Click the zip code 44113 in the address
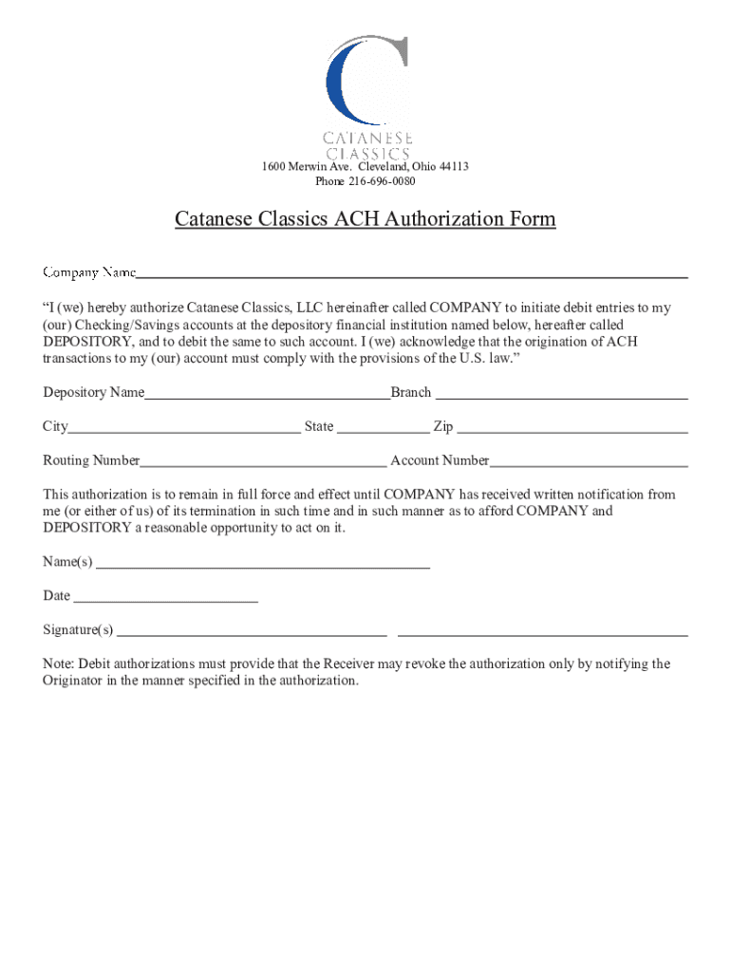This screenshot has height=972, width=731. (x=454, y=167)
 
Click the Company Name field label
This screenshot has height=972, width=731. (x=89, y=272)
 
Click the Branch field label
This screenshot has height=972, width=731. (x=410, y=392)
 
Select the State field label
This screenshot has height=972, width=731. (x=319, y=426)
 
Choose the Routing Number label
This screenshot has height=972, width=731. (x=91, y=460)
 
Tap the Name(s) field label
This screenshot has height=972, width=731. (x=67, y=562)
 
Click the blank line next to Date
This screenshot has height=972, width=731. (x=165, y=600)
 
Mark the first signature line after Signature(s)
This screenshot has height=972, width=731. (x=252, y=634)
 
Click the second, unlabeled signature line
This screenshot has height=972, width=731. (x=542, y=634)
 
